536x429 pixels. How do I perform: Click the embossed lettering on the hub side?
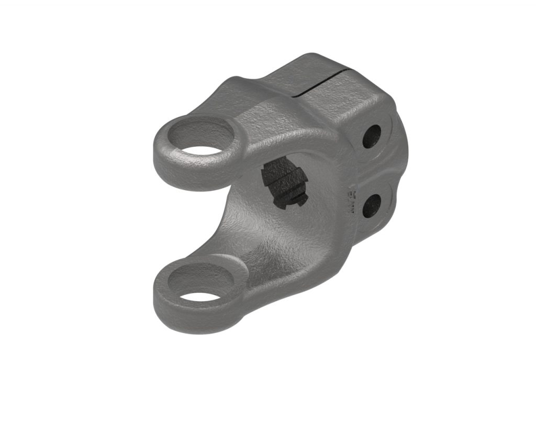point(352,200)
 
